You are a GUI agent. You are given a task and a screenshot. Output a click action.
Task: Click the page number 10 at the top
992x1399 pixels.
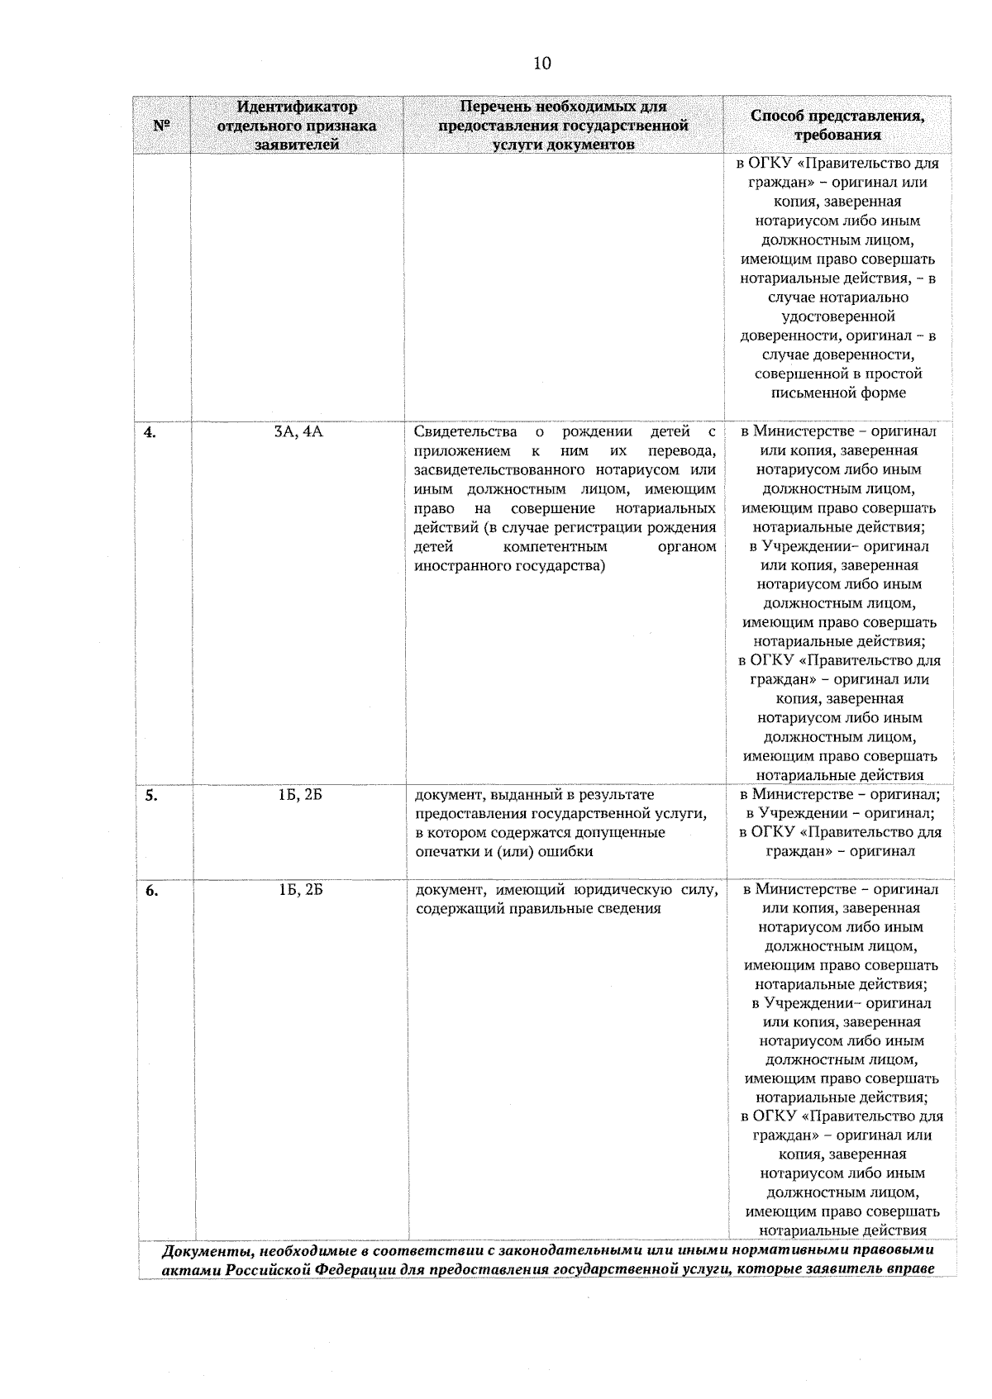[x=542, y=63]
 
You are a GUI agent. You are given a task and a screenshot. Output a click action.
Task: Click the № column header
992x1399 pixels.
[x=161, y=126]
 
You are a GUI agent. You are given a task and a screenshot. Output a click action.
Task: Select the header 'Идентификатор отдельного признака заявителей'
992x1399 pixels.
[x=297, y=126]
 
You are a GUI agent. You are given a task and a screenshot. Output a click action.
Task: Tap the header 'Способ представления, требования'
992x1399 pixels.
[x=837, y=126]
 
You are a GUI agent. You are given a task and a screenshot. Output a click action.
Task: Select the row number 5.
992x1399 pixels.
[x=151, y=796]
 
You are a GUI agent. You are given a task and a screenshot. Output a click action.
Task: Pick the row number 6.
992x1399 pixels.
[x=151, y=891]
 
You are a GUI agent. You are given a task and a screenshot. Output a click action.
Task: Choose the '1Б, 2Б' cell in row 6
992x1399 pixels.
[x=300, y=890]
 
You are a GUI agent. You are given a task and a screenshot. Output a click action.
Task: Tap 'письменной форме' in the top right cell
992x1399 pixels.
[x=837, y=393]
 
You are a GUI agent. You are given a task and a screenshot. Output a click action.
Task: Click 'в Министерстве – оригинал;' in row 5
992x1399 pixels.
[x=840, y=794]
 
